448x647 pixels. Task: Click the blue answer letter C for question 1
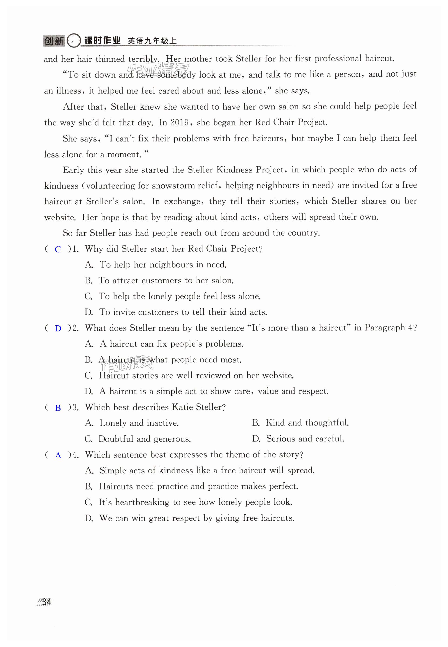[58, 249]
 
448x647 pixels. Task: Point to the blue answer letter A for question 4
[58, 455]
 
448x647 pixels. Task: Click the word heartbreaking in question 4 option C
[142, 502]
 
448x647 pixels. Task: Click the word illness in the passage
[69, 91]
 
